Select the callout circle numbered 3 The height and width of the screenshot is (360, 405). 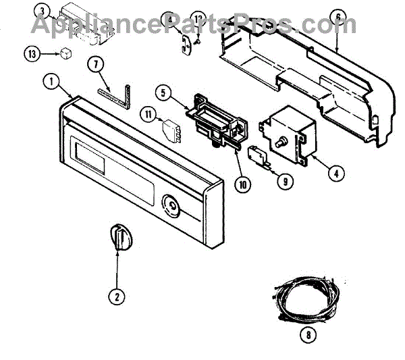(x=42, y=11)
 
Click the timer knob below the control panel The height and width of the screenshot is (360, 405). (x=117, y=238)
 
